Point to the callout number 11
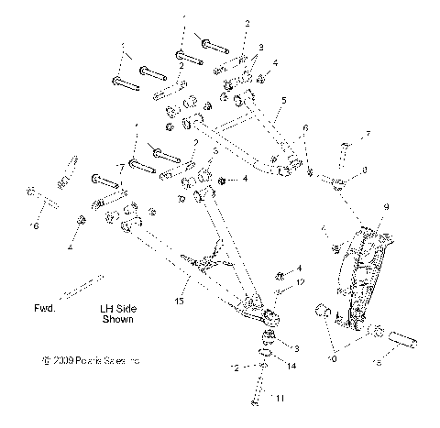(280, 397)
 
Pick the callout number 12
(299, 282)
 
